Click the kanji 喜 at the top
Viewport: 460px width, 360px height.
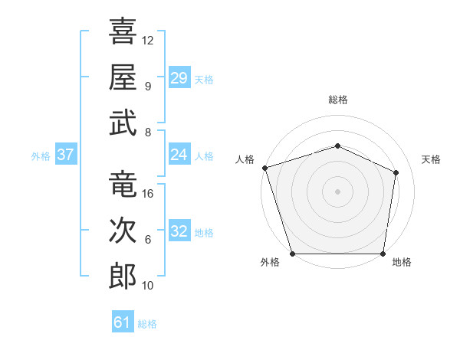[123, 31]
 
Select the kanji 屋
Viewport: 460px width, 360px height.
[123, 77]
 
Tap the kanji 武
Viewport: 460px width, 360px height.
[123, 123]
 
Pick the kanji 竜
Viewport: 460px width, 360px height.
[123, 184]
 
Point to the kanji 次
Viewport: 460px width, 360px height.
[123, 230]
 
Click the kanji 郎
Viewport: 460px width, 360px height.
[123, 277]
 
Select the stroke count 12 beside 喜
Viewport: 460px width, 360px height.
[147, 41]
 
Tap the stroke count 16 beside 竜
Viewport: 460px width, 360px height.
[147, 194]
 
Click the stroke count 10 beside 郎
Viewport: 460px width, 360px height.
[147, 286]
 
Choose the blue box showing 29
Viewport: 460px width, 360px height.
[179, 77]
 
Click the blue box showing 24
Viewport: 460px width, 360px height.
[179, 154]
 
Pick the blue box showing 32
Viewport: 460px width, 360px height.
[179, 230]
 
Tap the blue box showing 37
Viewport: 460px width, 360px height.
[66, 154]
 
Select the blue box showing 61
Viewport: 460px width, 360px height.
[123, 321]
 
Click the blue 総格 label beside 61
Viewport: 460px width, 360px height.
[147, 324]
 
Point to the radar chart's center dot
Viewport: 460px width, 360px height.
[337, 191]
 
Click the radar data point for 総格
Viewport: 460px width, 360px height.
[337, 146]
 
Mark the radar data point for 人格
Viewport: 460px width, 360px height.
[265, 168]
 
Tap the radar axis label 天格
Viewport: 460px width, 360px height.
[431, 159]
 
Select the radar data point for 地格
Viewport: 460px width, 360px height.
[383, 254]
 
